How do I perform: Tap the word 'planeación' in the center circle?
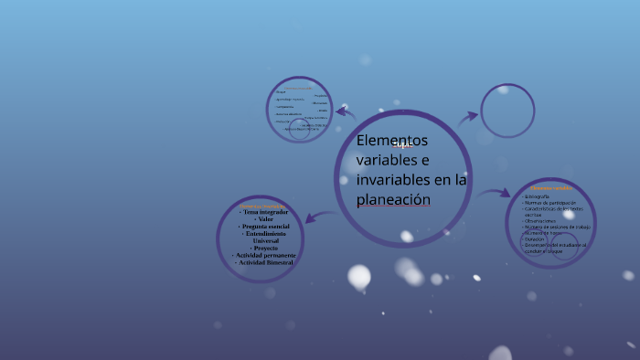pos(393,200)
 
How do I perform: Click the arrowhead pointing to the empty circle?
pos(473,116)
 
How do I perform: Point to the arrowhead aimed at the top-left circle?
pos(340,112)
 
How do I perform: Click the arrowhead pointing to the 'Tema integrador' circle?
pos(308,218)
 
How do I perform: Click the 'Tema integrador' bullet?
pos(264,212)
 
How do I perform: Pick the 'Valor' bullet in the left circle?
pos(265,219)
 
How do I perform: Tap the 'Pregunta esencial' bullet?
pos(264,227)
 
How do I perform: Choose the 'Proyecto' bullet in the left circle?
pos(265,249)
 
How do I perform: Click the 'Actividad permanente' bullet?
pos(264,256)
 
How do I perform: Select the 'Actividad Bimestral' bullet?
pos(264,263)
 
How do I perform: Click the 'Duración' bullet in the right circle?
pos(535,238)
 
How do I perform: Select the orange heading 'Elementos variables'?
pos(551,188)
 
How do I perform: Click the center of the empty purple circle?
pos(507,111)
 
